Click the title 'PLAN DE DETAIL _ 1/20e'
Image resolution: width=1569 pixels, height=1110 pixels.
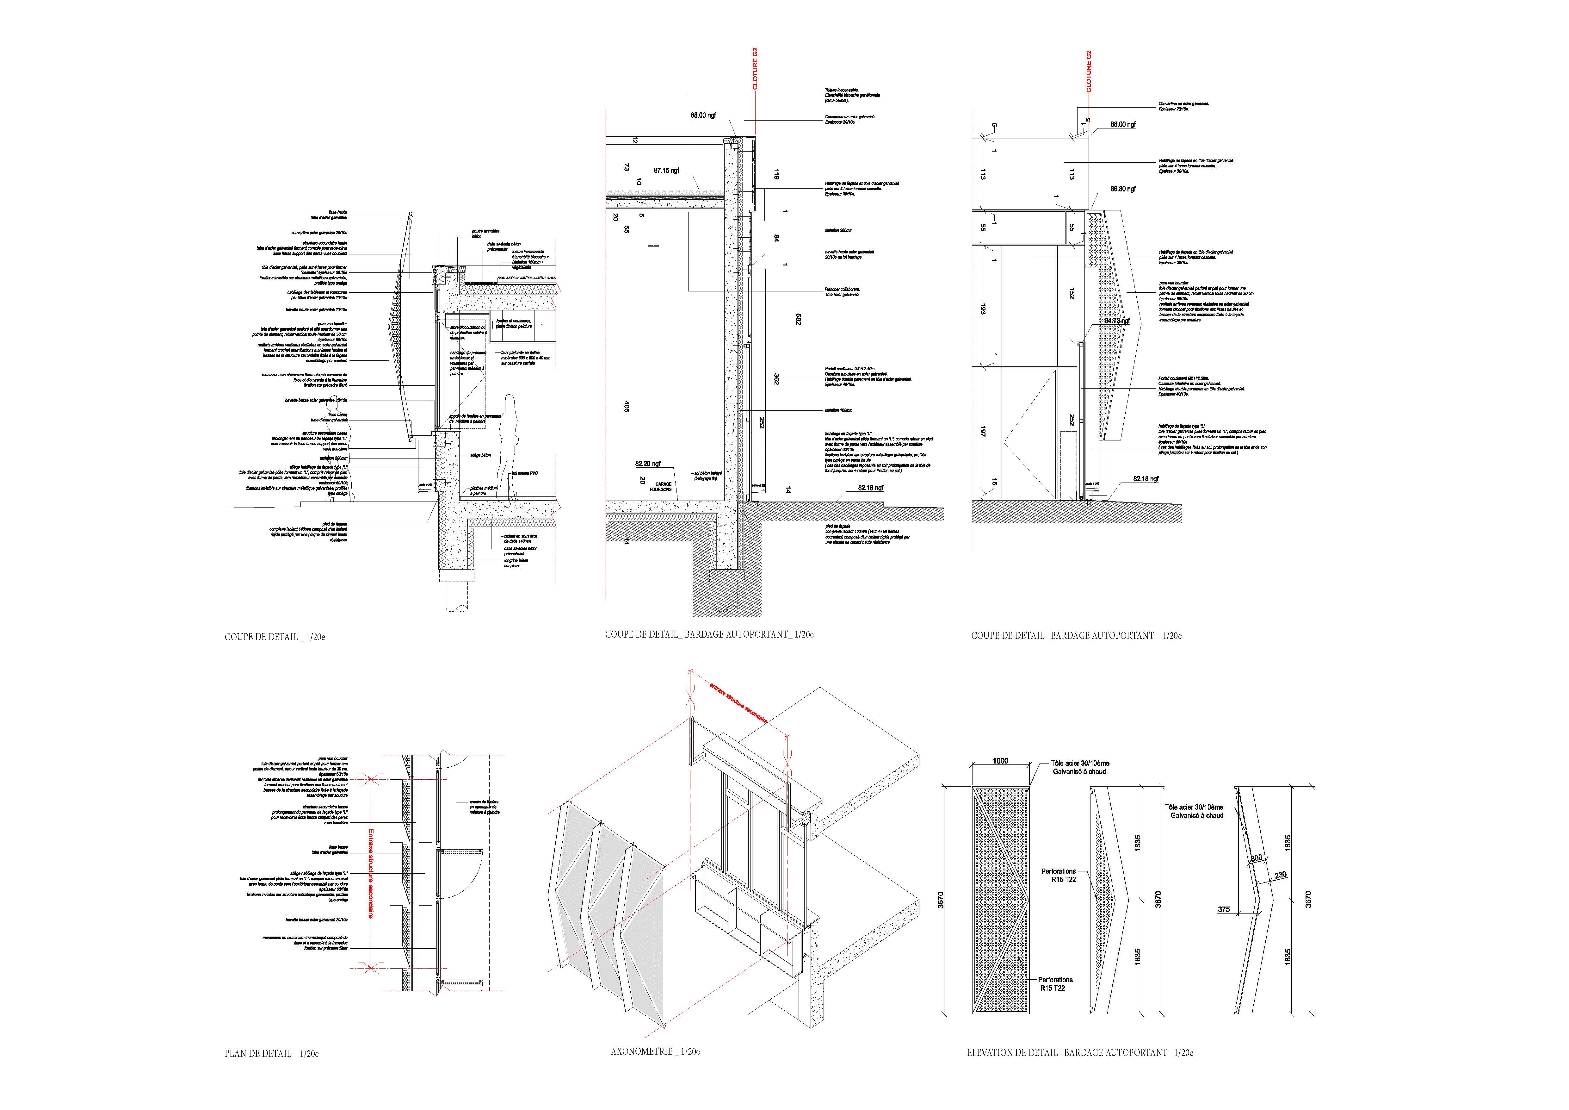coord(271,1053)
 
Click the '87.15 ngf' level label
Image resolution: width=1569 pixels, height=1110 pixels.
coord(666,170)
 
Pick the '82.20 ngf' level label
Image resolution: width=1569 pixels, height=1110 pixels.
coord(647,464)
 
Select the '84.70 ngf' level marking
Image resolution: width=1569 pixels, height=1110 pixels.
coord(1117,321)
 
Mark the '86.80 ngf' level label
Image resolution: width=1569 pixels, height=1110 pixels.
coord(1123,189)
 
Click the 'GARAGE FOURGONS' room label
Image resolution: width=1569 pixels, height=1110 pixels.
coord(661,487)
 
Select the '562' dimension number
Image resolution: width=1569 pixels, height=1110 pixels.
coord(798,319)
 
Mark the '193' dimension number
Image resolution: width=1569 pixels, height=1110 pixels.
coord(983,309)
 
